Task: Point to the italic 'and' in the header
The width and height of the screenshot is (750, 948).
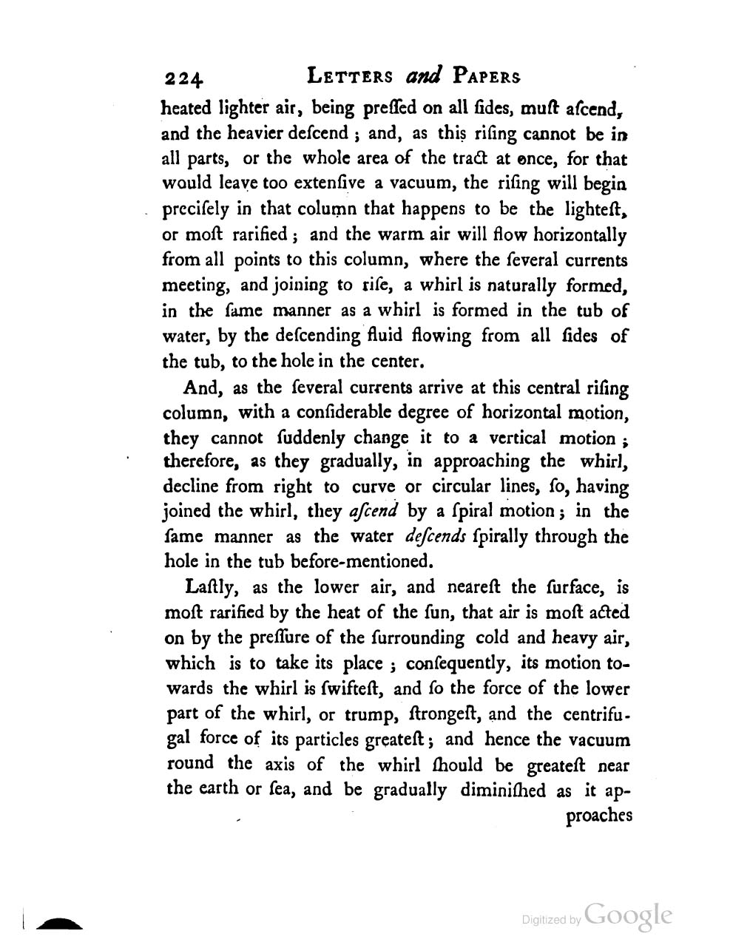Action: pos(424,75)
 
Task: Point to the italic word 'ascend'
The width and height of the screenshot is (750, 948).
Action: pos(373,512)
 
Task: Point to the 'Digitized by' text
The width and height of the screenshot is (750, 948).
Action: pos(551,920)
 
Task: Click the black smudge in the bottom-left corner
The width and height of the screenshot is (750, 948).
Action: pos(58,923)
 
